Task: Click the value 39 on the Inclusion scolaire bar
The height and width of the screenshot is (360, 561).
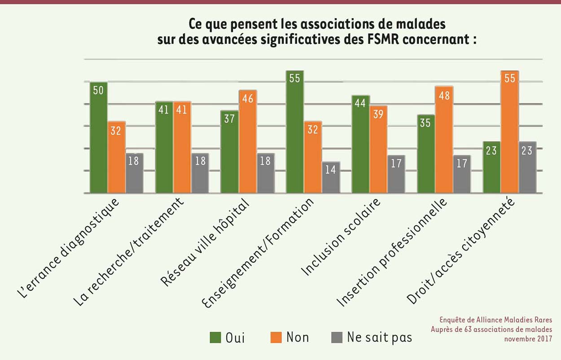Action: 378,114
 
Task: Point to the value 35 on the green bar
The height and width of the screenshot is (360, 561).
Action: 425,123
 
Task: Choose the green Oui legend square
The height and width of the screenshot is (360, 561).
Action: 216,337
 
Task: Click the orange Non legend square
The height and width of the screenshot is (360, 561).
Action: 276,337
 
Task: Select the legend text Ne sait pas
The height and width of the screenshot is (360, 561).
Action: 379,337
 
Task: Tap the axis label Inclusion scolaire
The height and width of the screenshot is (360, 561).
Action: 341,236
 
